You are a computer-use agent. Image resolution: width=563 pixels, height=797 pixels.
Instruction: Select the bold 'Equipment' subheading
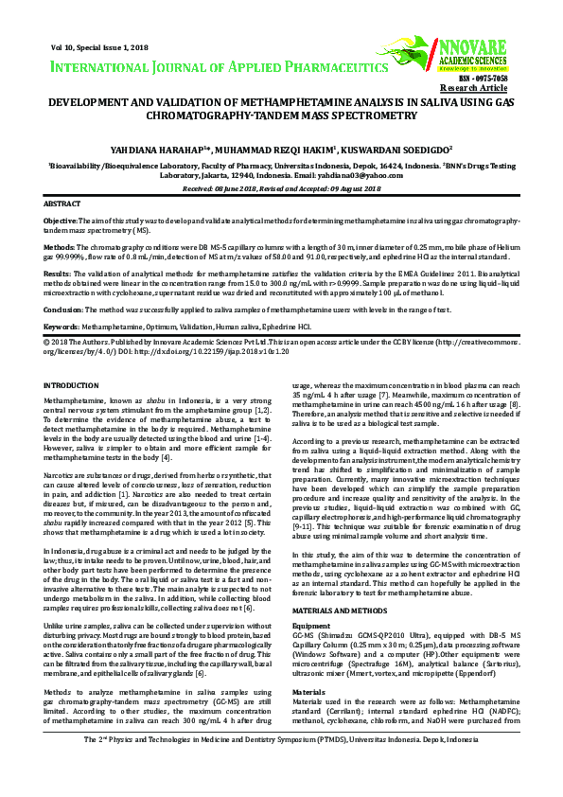(311, 599)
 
